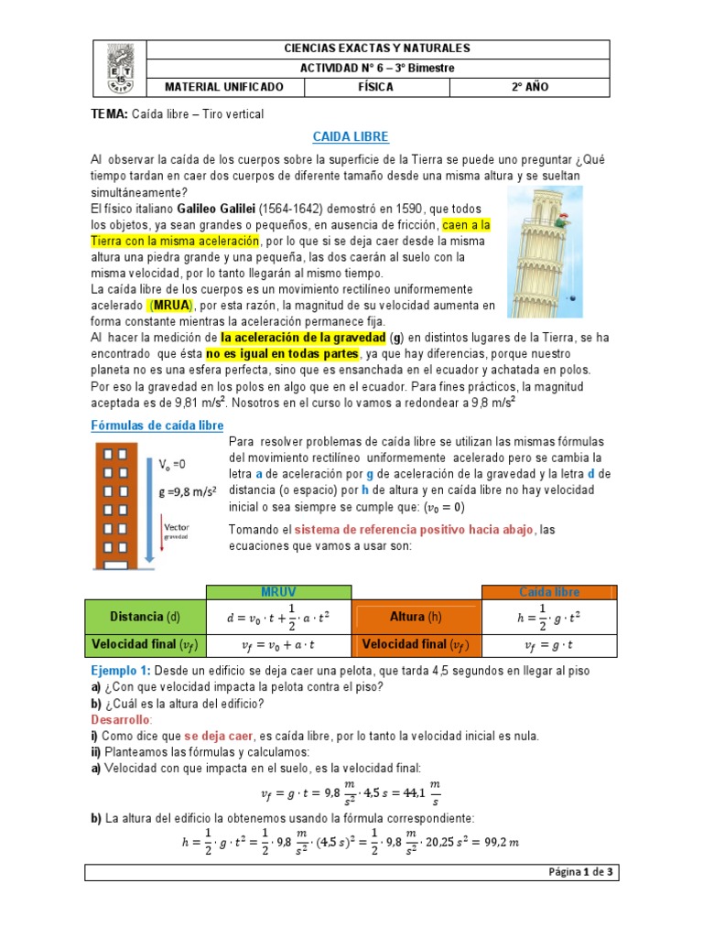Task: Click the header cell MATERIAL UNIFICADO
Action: [223, 87]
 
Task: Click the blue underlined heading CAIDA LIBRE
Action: [351, 136]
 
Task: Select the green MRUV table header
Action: [278, 592]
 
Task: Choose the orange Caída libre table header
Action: [549, 592]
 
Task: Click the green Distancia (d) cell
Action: [145, 617]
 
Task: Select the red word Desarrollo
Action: [121, 720]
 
